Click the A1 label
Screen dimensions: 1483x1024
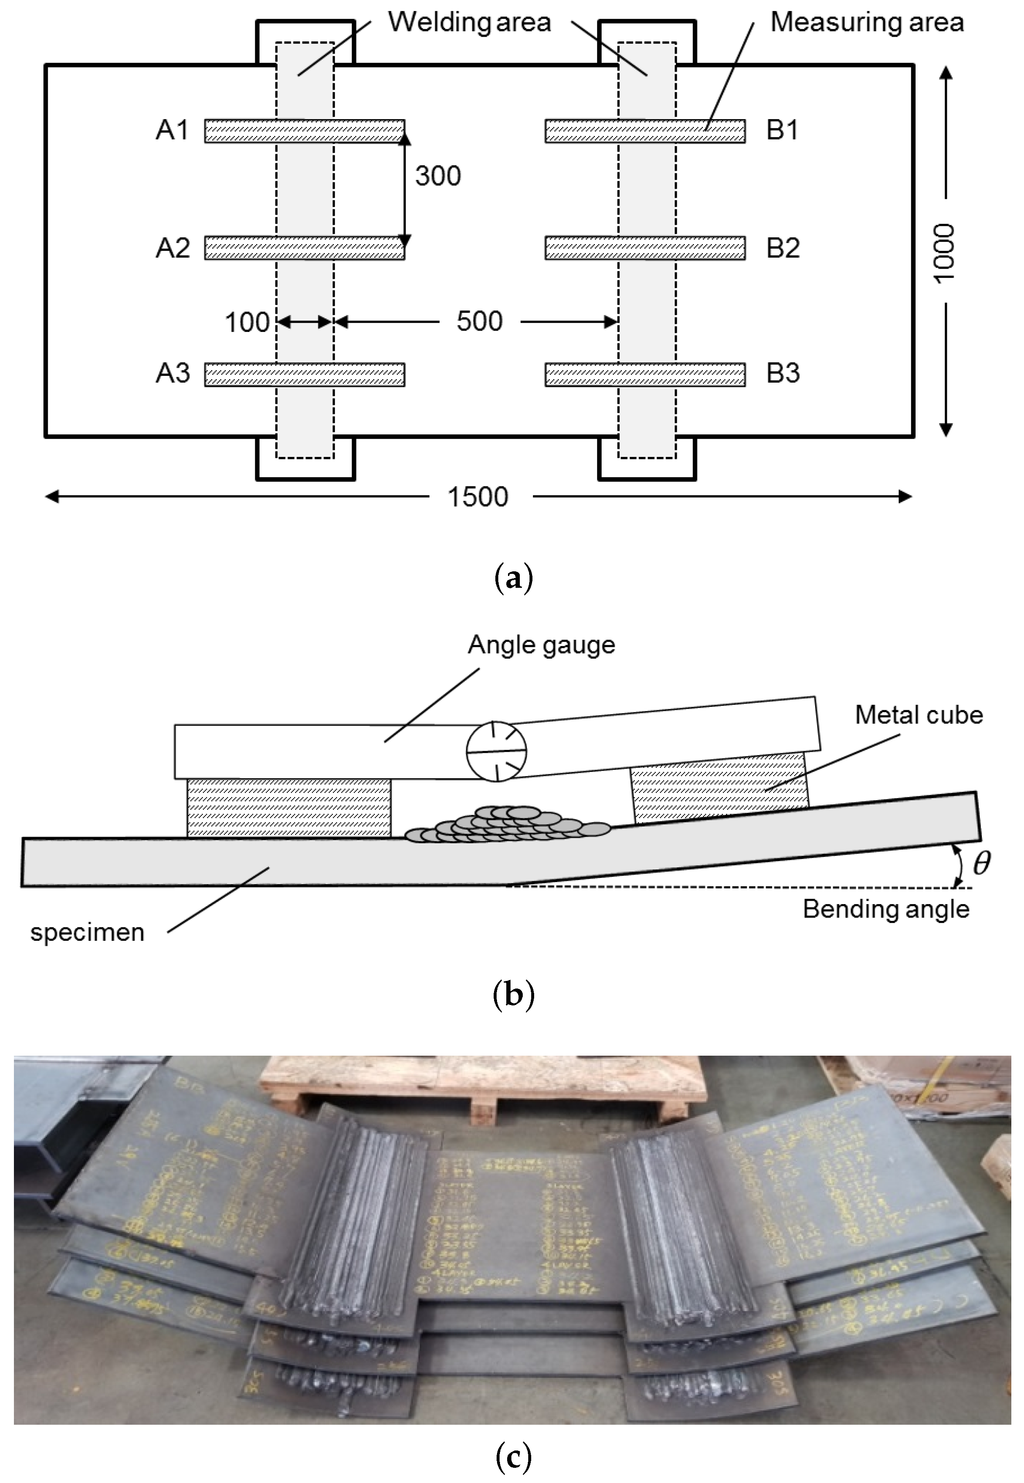[172, 130]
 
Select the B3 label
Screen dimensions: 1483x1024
[783, 373]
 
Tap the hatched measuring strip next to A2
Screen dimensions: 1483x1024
[304, 248]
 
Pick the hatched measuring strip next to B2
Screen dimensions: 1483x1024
[645, 248]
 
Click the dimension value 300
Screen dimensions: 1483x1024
[438, 176]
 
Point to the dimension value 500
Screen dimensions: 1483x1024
[479, 321]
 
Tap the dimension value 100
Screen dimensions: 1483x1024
[247, 322]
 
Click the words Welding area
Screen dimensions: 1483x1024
[469, 22]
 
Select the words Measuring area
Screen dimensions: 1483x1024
[867, 22]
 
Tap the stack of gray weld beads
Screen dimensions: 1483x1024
[507, 825]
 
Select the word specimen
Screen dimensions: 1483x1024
[87, 932]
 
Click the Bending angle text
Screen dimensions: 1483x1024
[886, 909]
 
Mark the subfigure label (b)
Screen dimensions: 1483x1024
[513, 995]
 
